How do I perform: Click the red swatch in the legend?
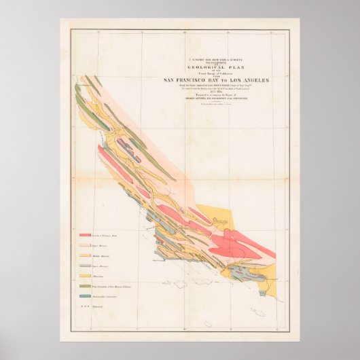click(x=94, y=234)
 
